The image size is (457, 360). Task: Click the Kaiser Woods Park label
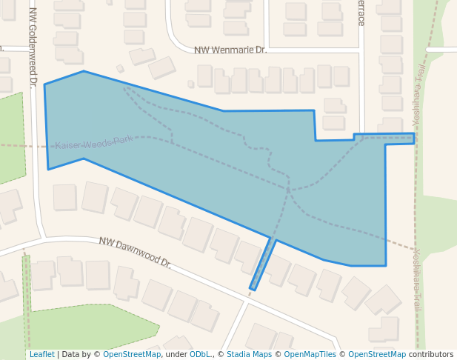coord(93,142)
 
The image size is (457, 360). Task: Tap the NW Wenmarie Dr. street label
coord(230,50)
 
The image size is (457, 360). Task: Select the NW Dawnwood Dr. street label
coord(135,253)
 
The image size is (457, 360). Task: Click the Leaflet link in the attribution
coord(41,354)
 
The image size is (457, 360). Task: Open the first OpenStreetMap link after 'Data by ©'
coord(132,354)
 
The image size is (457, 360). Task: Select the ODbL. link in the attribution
coord(201,354)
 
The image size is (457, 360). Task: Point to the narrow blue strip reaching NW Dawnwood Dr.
coord(263,264)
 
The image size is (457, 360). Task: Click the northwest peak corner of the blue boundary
coord(84,72)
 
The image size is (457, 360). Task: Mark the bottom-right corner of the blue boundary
coord(386,265)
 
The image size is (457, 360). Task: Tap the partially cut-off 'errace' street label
coord(361,13)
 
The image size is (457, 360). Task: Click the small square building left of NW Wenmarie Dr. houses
coord(120,69)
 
